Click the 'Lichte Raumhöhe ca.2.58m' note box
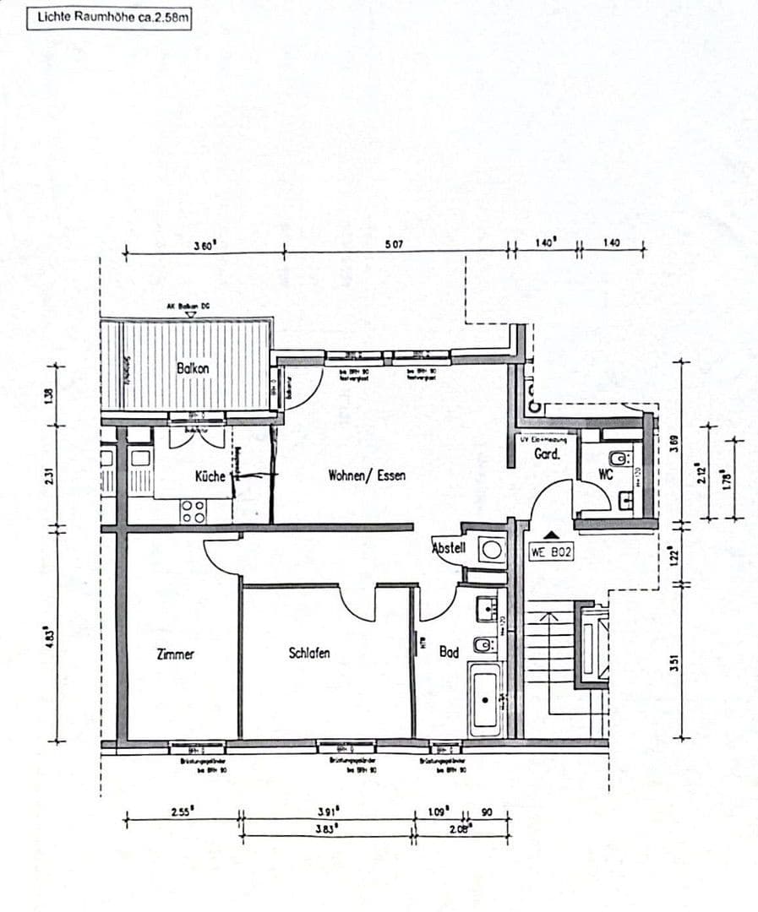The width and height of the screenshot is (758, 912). [109, 17]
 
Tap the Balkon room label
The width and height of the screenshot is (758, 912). [193, 368]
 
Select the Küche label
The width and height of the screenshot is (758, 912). [210, 476]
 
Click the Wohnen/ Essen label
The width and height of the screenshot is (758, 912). [367, 475]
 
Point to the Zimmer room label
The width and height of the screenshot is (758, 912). [175, 654]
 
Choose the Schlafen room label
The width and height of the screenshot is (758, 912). [309, 653]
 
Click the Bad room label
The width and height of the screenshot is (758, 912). [448, 652]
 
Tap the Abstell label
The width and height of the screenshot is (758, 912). [449, 548]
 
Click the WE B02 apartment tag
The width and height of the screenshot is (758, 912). [549, 553]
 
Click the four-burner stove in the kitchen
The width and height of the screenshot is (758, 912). [193, 511]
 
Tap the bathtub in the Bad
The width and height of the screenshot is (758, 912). [486, 699]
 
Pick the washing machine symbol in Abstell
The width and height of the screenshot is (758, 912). [492, 550]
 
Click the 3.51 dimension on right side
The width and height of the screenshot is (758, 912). [674, 664]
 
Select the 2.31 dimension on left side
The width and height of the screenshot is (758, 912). [50, 477]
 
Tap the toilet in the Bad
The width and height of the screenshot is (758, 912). [483, 647]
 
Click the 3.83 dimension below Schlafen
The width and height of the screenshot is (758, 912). [328, 828]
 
